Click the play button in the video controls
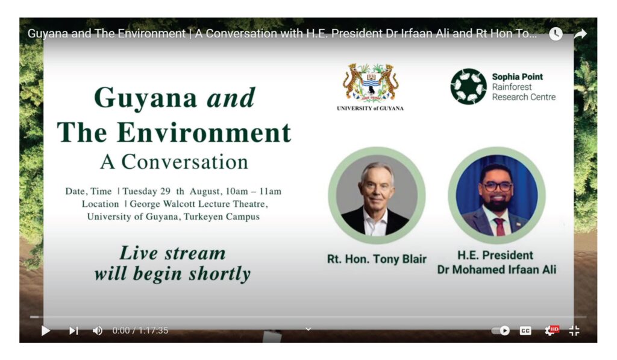click(x=46, y=330)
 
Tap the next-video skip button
click(x=74, y=330)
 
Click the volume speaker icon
click(x=98, y=330)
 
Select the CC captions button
click(x=525, y=330)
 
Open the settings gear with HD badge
click(x=551, y=330)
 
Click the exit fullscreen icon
click(x=574, y=330)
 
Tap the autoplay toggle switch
click(x=501, y=330)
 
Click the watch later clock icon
click(x=556, y=34)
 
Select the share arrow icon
click(x=580, y=34)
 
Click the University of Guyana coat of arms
click(x=371, y=83)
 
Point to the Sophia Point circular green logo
click(x=469, y=87)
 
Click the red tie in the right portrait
click(x=500, y=227)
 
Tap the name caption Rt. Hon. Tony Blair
click(x=377, y=259)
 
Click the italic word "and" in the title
click(x=231, y=98)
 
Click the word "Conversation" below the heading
click(x=184, y=162)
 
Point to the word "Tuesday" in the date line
click(x=140, y=191)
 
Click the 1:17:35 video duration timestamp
click(x=153, y=330)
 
